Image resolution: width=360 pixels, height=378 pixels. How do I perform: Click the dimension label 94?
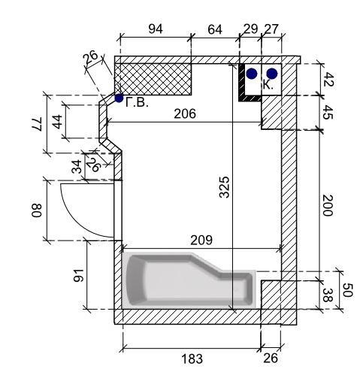(156, 29)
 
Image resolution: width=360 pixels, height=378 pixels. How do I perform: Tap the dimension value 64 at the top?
(215, 29)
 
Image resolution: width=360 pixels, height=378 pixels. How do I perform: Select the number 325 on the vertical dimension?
(224, 187)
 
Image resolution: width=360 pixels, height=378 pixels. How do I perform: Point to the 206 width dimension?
(185, 113)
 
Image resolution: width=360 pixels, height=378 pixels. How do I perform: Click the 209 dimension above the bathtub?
(201, 240)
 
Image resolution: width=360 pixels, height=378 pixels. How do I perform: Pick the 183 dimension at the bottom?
(192, 358)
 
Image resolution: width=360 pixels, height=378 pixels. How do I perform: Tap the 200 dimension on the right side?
(328, 205)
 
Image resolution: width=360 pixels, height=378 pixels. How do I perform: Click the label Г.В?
(137, 102)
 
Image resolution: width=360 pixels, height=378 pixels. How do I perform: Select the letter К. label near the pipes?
(268, 85)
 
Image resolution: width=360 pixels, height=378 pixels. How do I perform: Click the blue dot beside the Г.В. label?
(119, 98)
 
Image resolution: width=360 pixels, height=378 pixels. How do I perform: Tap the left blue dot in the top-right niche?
(252, 74)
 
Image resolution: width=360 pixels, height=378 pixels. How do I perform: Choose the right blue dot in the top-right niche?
(272, 74)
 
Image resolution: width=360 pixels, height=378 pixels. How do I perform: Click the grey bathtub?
(189, 280)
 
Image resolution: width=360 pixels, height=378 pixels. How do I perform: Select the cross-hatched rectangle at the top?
(153, 79)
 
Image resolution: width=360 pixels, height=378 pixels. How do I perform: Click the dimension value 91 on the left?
(78, 276)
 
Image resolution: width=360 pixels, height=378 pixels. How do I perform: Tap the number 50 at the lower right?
(347, 290)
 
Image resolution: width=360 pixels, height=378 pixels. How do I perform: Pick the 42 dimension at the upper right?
(328, 80)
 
